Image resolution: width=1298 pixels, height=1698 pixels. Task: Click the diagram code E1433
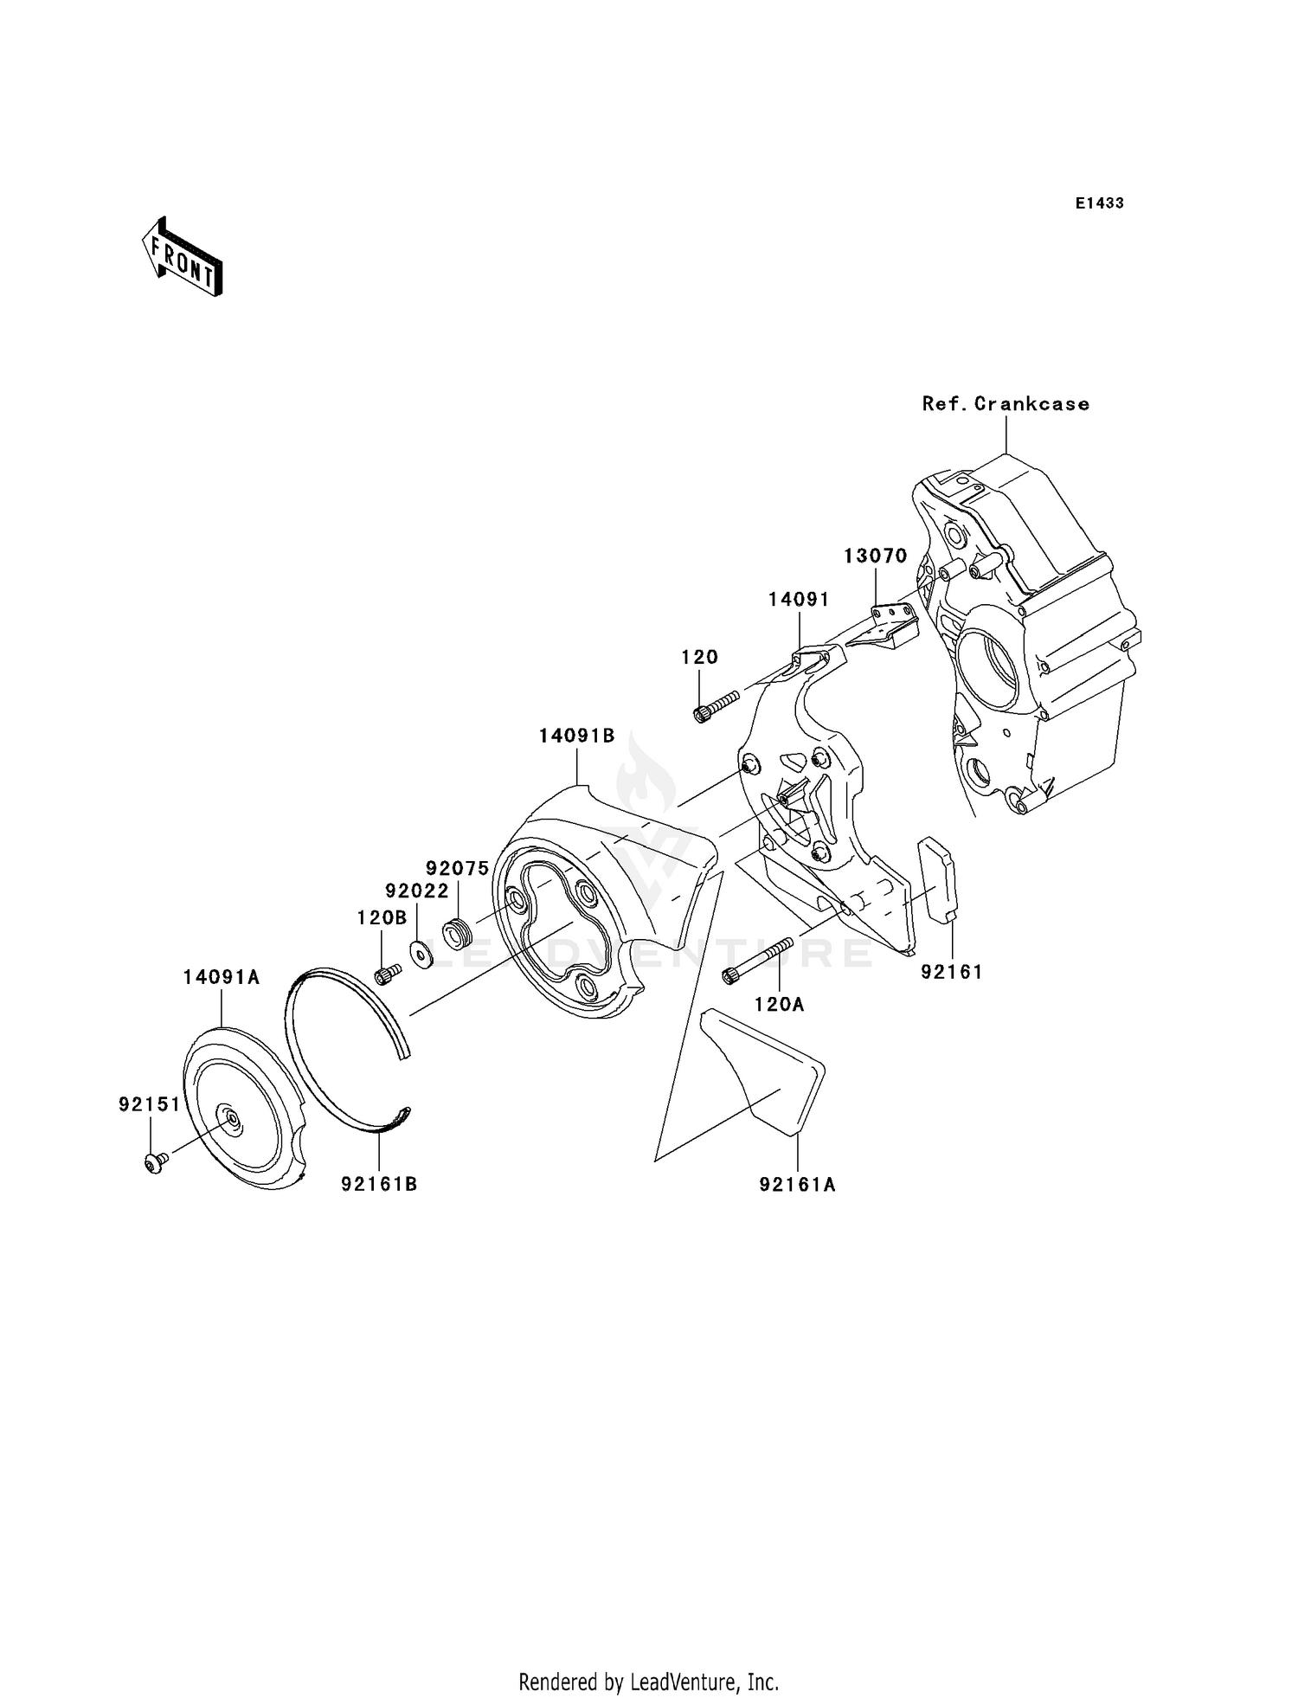pos(1099,203)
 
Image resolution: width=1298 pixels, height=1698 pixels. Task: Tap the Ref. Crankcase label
pos(1006,404)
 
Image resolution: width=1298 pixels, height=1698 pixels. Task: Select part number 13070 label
pos(876,556)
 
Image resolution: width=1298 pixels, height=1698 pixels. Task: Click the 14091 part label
pos(799,600)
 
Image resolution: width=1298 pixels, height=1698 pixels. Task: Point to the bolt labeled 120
pos(715,704)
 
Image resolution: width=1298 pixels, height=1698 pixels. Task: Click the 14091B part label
pos(576,736)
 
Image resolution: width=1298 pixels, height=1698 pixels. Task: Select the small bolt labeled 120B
pos(386,974)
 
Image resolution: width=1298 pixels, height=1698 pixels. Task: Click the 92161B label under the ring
pos(379,1184)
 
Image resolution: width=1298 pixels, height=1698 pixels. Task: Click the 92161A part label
pos(797,1185)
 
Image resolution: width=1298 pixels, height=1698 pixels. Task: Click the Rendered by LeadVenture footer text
pos(648,1682)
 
